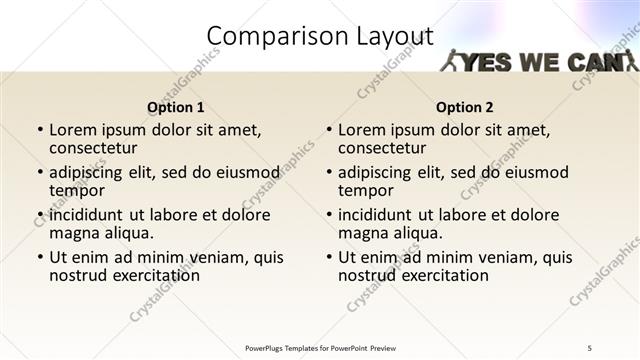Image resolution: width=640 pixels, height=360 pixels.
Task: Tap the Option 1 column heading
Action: click(176, 107)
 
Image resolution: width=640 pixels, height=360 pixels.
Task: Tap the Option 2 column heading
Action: click(465, 107)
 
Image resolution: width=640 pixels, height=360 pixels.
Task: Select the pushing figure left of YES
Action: click(453, 61)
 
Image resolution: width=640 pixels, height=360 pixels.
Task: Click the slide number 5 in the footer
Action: click(589, 347)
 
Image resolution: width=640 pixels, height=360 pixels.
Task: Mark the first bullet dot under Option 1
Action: click(40, 130)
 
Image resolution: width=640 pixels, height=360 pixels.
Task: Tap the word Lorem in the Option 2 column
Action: click(362, 130)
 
